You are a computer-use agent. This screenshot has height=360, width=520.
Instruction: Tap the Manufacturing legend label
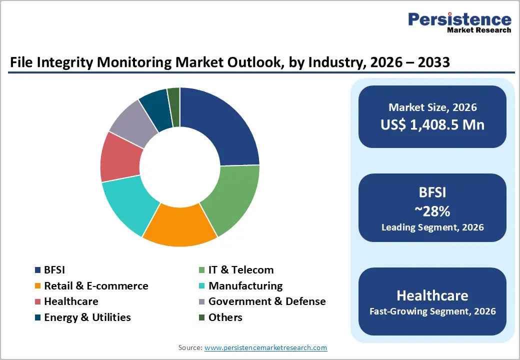click(x=245, y=286)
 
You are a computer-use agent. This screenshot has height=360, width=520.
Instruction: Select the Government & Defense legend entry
click(x=266, y=301)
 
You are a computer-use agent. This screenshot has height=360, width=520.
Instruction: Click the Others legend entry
click(x=225, y=317)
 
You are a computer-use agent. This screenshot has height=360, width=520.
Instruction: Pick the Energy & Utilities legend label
click(x=87, y=317)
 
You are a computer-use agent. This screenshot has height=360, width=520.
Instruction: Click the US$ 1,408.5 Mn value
click(x=432, y=124)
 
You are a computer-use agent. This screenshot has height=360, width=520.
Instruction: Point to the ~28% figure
click(x=432, y=211)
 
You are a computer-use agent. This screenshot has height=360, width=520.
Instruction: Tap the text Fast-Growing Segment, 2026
click(x=432, y=311)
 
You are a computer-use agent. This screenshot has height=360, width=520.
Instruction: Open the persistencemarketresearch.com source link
click(x=265, y=347)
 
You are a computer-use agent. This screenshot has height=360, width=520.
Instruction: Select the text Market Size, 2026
click(x=432, y=107)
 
